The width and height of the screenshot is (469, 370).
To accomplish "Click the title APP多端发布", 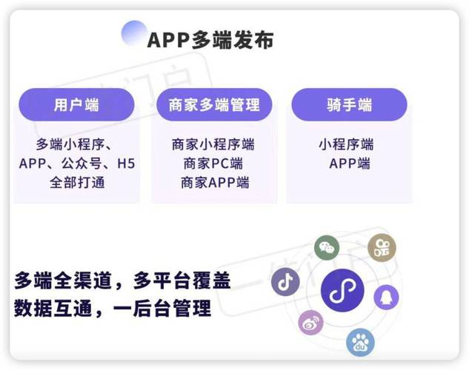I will [210, 40].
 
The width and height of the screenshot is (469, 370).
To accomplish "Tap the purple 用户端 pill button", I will [76, 104].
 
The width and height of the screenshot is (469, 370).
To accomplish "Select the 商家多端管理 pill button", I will [215, 104].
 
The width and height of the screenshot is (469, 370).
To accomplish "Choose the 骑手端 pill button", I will [349, 104].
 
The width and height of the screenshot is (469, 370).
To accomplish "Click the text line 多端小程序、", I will [79, 144].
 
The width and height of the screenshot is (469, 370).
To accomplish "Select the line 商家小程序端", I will [213, 144].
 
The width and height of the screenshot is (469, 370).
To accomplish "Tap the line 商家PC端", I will [213, 163].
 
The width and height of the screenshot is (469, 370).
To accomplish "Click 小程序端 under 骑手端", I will [346, 144].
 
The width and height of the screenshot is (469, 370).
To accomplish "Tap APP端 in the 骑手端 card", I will [350, 163].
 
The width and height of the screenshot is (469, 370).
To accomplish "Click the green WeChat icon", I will [326, 248].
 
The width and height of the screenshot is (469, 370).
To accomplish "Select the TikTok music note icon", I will [285, 281].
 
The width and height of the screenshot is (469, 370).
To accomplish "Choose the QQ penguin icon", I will [386, 297].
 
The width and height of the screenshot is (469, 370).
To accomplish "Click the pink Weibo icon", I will [311, 322].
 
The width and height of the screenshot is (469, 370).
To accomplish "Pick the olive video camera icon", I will [382, 248].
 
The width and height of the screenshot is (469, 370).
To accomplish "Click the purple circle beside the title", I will [133, 33].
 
